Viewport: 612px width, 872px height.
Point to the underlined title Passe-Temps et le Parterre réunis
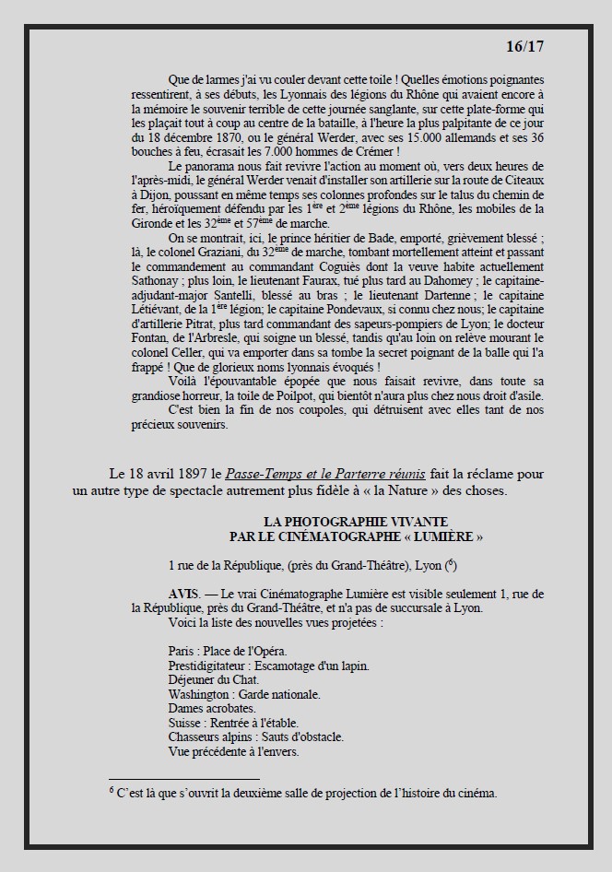331,474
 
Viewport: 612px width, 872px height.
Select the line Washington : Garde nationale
244,694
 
